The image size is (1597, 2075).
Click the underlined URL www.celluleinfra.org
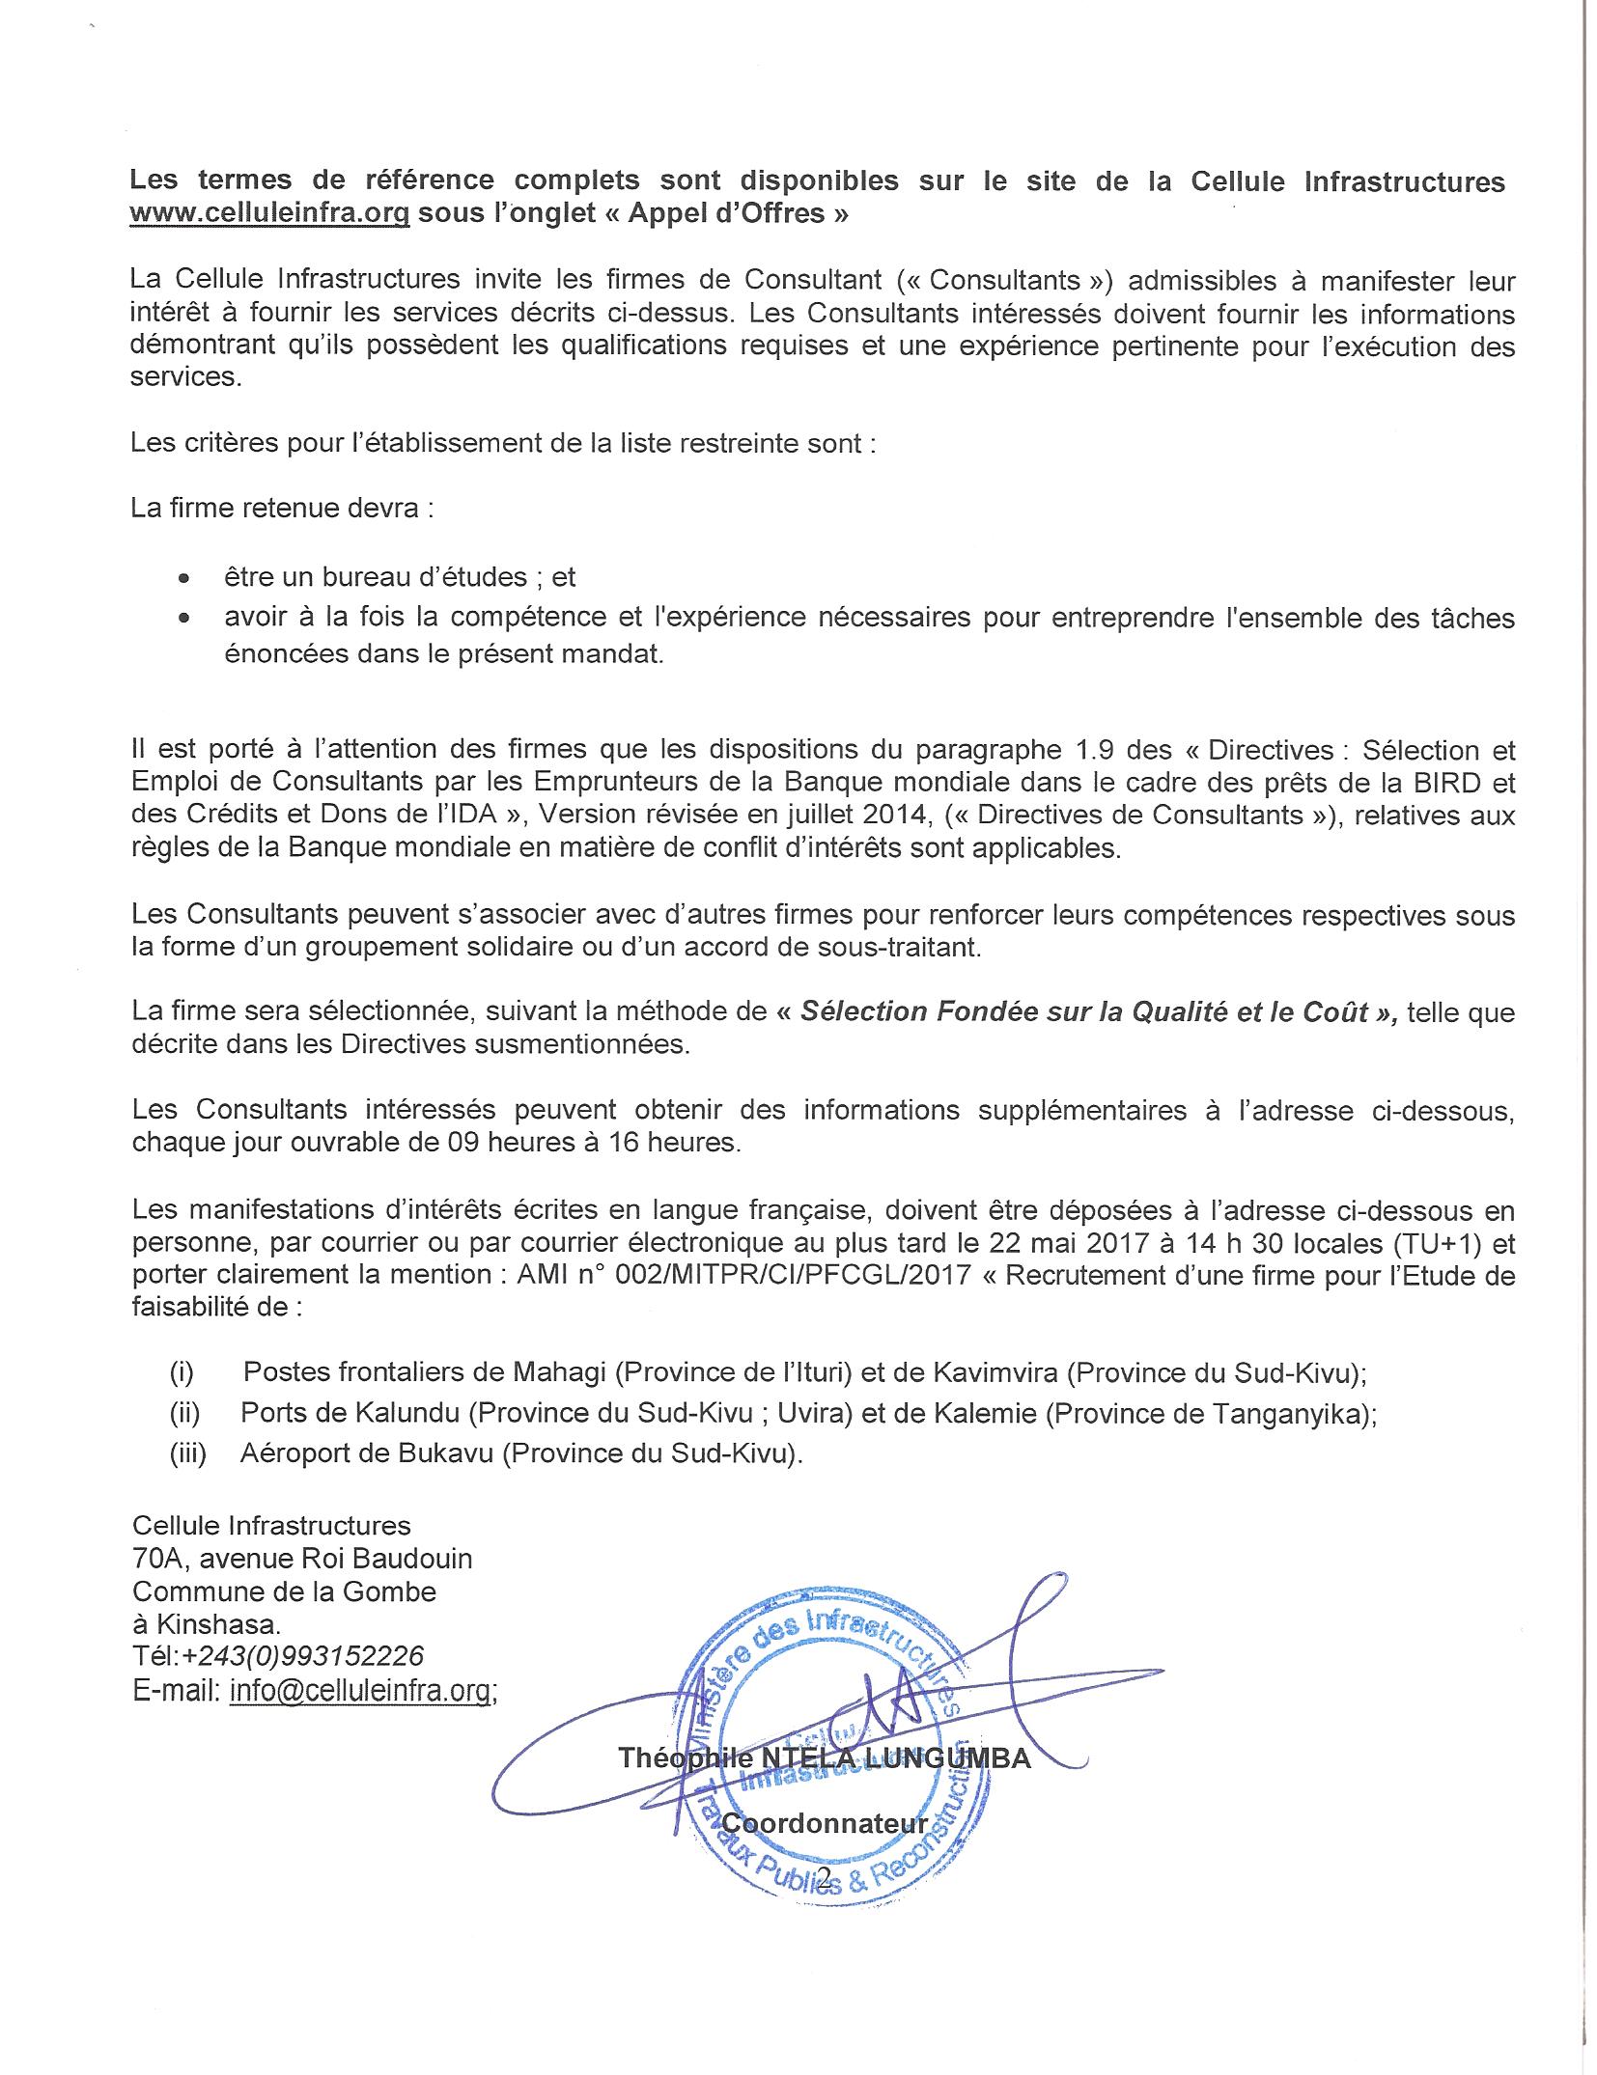pyautogui.click(x=270, y=213)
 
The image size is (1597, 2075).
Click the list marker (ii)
pyautogui.click(x=185, y=1414)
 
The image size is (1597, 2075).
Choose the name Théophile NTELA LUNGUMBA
pyautogui.click(x=824, y=1757)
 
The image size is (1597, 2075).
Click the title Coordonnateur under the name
pyautogui.click(x=825, y=1823)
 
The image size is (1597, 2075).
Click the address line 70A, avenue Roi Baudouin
pyautogui.click(x=302, y=1559)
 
